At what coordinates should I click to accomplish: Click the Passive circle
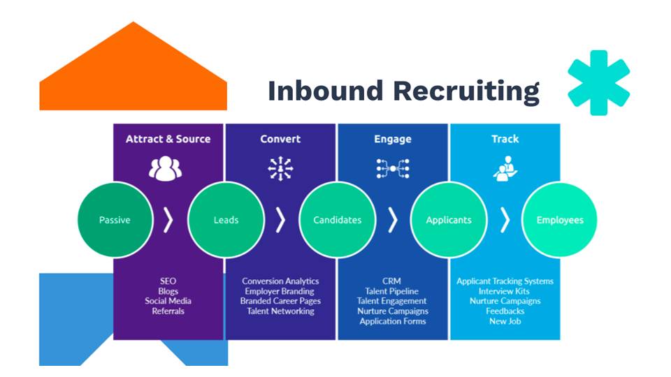pyautogui.click(x=115, y=220)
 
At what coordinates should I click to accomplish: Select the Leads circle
pyautogui.click(x=226, y=220)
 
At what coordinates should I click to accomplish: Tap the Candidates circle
pyautogui.click(x=337, y=220)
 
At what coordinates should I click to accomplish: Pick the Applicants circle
pyautogui.click(x=449, y=220)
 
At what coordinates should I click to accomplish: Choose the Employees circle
pyautogui.click(x=560, y=220)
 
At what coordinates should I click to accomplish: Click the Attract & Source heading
pyautogui.click(x=168, y=139)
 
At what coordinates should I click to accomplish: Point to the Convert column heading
pyautogui.click(x=280, y=139)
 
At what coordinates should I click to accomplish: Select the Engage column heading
pyautogui.click(x=393, y=140)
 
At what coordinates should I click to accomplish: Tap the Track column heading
pyautogui.click(x=505, y=139)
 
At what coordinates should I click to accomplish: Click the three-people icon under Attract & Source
pyautogui.click(x=165, y=168)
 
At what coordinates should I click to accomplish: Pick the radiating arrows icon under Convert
pyautogui.click(x=280, y=168)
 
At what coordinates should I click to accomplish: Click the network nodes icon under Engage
pyautogui.click(x=393, y=168)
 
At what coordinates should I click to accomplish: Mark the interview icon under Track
pyautogui.click(x=505, y=168)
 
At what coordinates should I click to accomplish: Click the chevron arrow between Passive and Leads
pyautogui.click(x=168, y=220)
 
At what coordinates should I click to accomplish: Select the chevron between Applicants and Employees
pyautogui.click(x=505, y=220)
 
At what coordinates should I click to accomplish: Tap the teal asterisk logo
pyautogui.click(x=599, y=82)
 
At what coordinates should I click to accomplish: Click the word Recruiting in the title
pyautogui.click(x=466, y=91)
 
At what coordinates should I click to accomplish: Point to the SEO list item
pyautogui.click(x=168, y=281)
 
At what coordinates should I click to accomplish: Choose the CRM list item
pyautogui.click(x=391, y=281)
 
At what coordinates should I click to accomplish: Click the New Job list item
pyautogui.click(x=505, y=321)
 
